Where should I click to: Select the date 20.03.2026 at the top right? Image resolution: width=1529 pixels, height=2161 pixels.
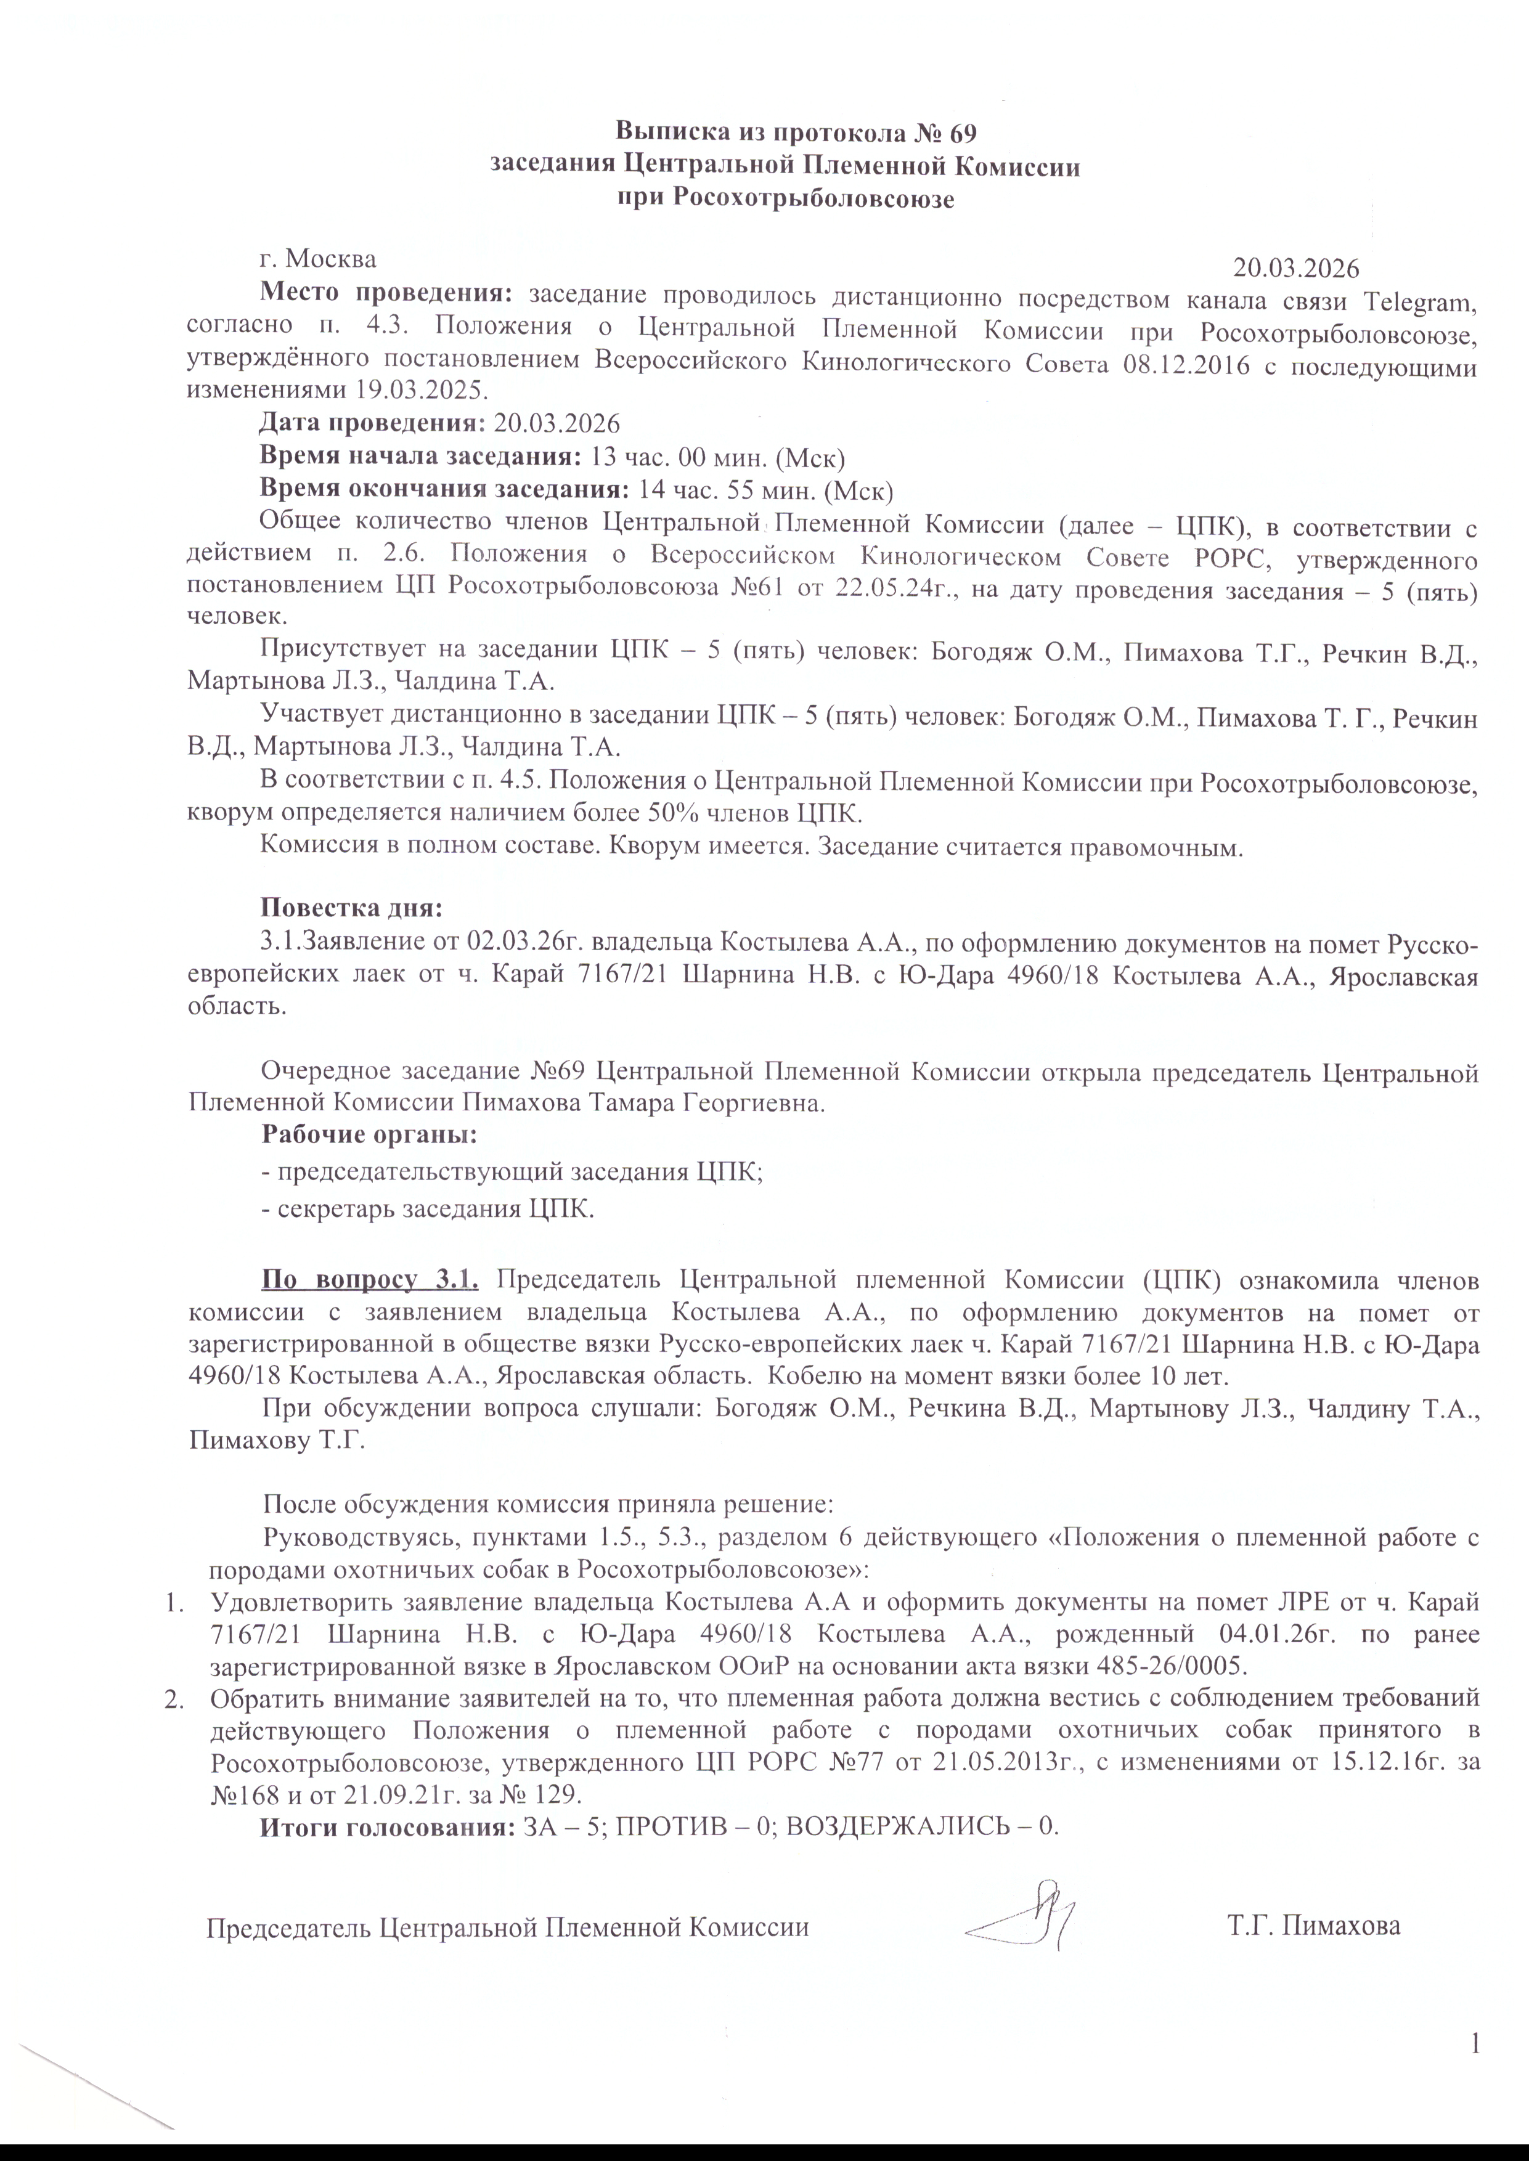(x=1297, y=268)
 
